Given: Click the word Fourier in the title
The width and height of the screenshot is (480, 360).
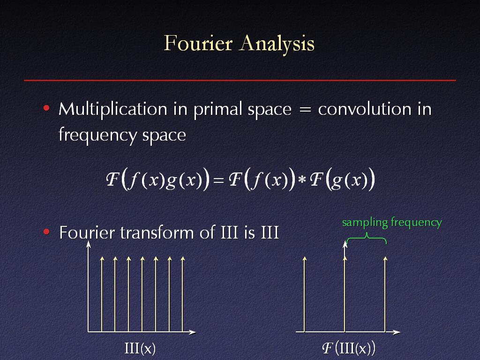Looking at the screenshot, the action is pos(198,43).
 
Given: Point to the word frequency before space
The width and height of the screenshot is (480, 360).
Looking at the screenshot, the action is pos(97,135).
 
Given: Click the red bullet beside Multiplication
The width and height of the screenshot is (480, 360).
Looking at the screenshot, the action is pos(46,108).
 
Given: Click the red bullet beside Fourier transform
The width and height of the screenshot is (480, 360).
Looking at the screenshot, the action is pos(46,232).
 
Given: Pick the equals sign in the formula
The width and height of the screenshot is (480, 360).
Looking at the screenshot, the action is pos(218,180).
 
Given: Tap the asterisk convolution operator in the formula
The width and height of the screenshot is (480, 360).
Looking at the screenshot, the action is pos(302,180).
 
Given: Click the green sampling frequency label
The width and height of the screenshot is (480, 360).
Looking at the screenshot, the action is pos(392,223).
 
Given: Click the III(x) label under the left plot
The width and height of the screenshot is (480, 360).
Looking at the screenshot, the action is pos(140,348).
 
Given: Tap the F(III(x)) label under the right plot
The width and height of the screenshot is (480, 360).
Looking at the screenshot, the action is pos(349,348).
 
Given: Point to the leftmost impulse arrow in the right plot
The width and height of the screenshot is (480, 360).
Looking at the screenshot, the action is pos(304,294).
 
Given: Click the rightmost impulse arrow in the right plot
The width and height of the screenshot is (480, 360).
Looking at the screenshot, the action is pos(385,294).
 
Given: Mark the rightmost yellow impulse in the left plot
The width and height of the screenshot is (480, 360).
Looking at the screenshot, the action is pos(183,294).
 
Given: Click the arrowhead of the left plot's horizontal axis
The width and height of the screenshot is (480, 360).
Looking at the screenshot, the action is pos(193,332).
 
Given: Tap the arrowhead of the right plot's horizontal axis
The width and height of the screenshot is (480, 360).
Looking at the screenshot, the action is pos(397,332).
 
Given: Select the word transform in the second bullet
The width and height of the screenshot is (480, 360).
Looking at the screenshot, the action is pos(157,232).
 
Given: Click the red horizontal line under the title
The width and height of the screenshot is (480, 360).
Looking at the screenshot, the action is pos(240,80).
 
